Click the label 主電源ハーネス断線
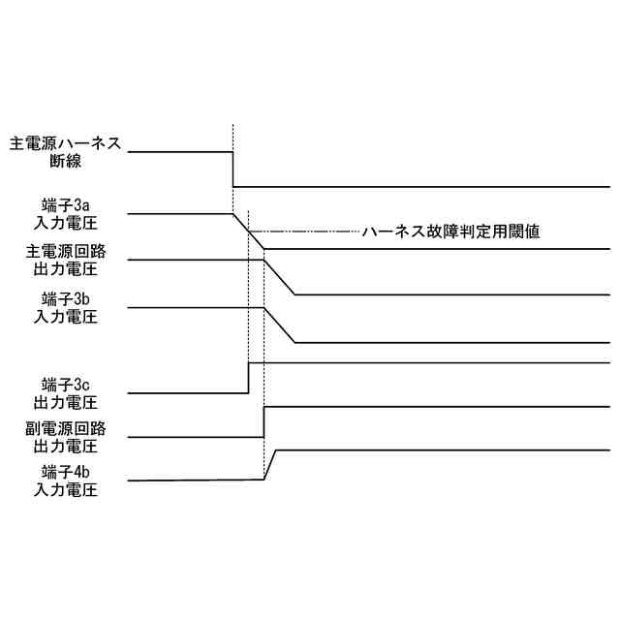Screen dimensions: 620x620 point(65,152)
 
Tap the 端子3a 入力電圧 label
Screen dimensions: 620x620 point(65,212)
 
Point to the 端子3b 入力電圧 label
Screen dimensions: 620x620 point(65,306)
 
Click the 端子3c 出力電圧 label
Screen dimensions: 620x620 point(65,392)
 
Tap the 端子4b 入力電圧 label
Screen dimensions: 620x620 point(65,480)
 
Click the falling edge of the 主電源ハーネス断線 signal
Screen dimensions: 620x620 point(232,170)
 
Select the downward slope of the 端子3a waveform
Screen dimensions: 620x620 point(248,232)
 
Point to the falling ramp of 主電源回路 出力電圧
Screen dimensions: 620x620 point(279,276)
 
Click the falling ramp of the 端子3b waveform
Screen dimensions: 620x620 point(279,325)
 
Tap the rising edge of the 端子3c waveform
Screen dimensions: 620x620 point(249,378)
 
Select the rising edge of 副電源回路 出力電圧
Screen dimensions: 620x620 point(263,422)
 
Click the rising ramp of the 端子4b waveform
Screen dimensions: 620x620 point(270,464)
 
